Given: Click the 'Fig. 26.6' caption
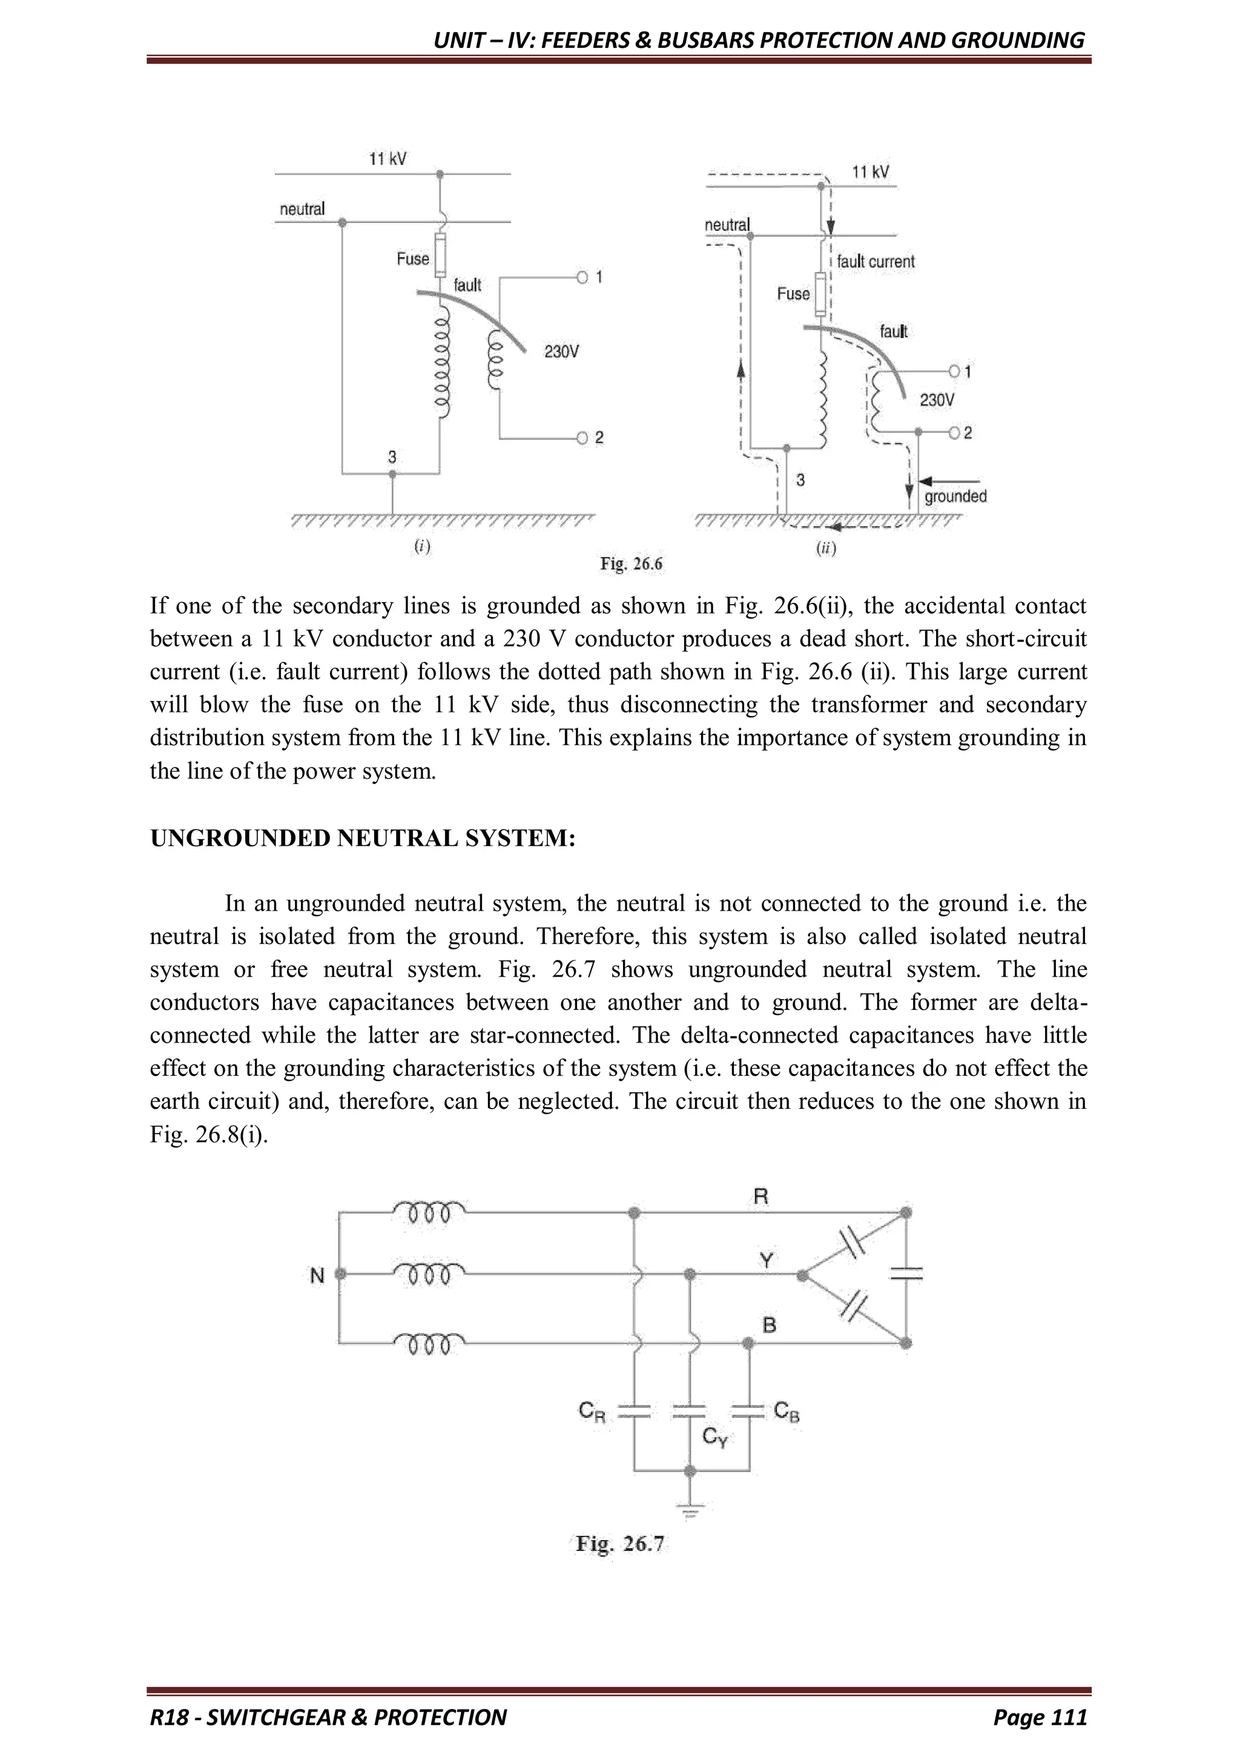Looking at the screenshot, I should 631,565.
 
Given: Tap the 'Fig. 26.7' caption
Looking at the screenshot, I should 621,1544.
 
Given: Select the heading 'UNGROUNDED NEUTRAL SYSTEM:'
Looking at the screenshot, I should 363,839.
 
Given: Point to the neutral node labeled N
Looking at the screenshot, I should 340,1274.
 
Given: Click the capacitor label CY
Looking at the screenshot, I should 714,1438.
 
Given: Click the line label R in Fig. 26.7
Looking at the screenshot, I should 760,1197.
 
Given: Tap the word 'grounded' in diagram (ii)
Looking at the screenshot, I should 955,497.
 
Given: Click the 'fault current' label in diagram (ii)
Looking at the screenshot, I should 875,261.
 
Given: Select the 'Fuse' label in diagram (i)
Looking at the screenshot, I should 412,259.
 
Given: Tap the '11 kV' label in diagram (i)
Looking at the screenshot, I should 388,159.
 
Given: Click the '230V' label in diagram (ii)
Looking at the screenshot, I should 936,400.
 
